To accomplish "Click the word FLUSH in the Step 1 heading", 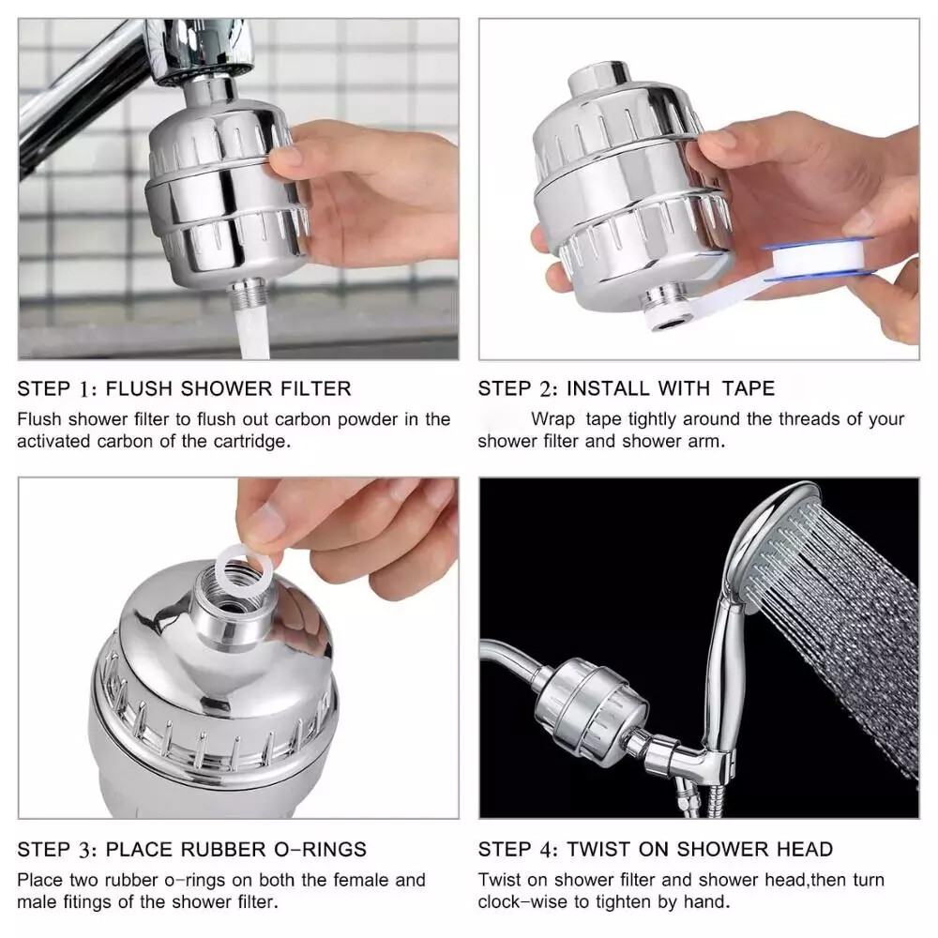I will [144, 388].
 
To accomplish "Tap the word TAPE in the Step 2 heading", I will [749, 388].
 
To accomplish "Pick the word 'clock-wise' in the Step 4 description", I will [522, 902].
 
